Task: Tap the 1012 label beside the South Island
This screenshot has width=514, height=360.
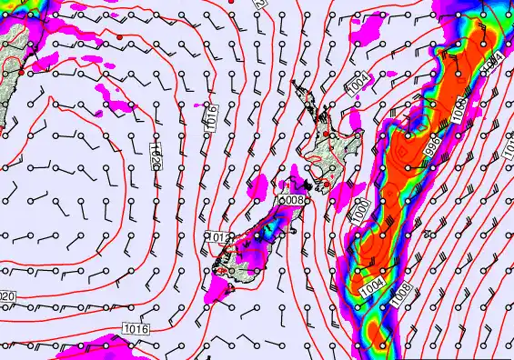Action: pyautogui.click(x=216, y=238)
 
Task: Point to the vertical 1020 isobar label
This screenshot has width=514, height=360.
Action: pyautogui.click(x=156, y=155)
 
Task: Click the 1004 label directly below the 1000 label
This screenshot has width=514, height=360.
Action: pyautogui.click(x=371, y=286)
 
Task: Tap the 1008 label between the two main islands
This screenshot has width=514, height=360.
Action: pyautogui.click(x=290, y=199)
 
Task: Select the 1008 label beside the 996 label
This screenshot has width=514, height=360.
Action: pyautogui.click(x=459, y=109)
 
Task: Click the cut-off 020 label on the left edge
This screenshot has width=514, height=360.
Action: pyautogui.click(x=7, y=297)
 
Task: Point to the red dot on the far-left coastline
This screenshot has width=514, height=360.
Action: pyautogui.click(x=21, y=70)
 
